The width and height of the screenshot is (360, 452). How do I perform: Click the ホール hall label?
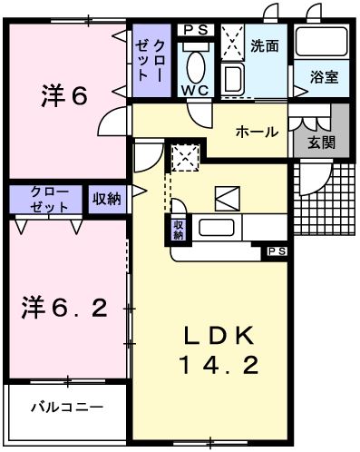[257, 133]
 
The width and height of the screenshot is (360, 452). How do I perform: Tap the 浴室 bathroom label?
[324, 78]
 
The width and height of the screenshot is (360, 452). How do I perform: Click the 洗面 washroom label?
[265, 44]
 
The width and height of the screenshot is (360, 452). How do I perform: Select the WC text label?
[195, 91]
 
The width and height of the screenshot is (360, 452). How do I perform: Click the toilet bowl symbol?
[196, 64]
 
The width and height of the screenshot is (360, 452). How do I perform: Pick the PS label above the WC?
[195, 29]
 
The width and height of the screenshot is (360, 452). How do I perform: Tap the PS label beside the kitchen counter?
[275, 251]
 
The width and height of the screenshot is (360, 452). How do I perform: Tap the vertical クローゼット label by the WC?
[151, 59]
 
